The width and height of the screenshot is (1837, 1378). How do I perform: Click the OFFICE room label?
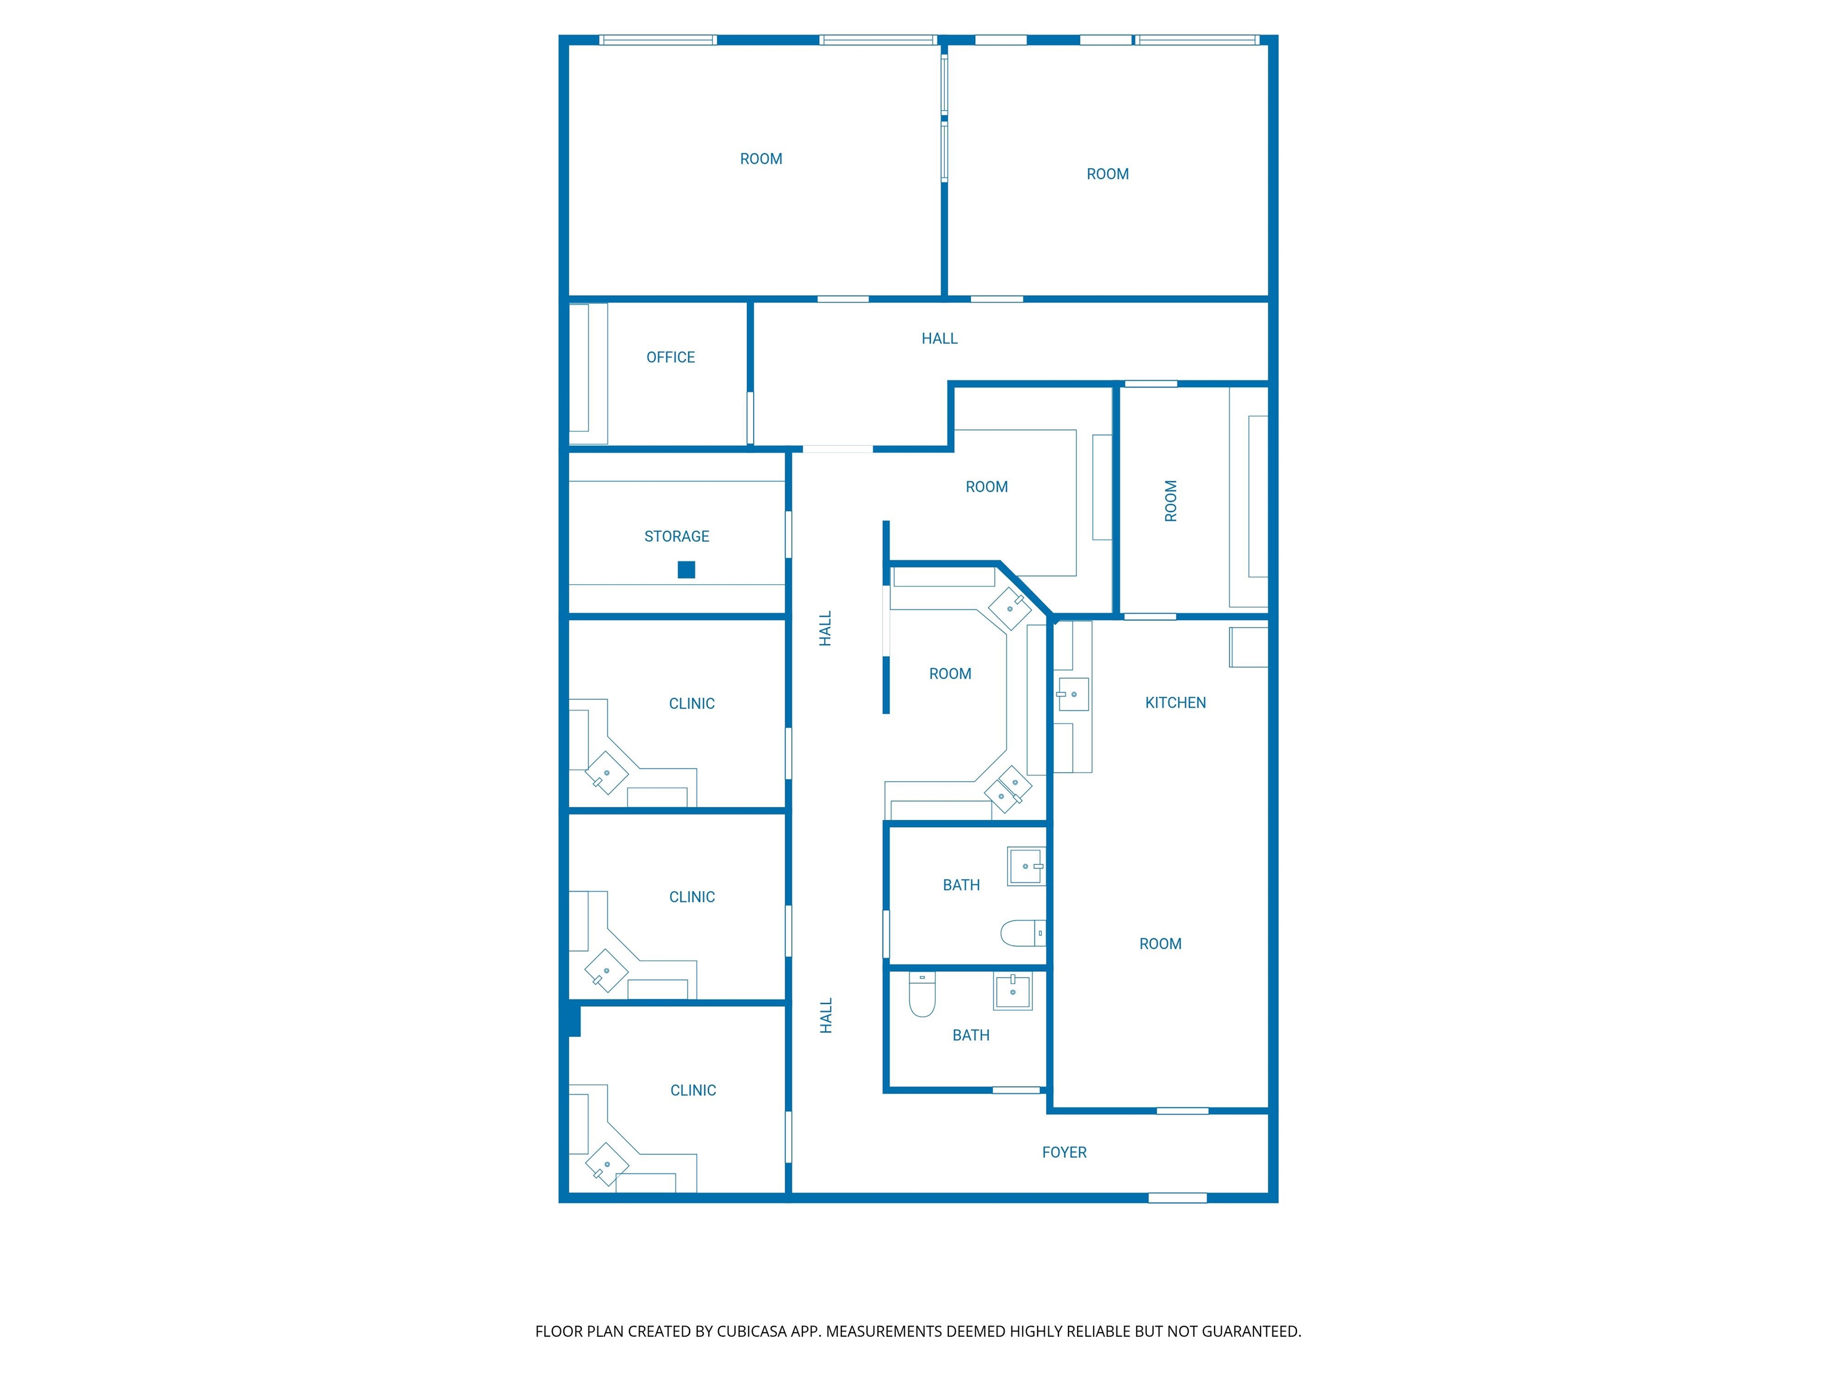[670, 357]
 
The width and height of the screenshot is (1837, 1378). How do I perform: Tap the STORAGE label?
[677, 536]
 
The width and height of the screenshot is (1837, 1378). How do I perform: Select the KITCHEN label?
[1175, 703]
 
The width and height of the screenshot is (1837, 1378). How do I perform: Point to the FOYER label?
[1064, 1152]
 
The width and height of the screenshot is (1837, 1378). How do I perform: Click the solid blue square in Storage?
[686, 570]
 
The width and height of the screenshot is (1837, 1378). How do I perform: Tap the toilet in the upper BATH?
[1021, 933]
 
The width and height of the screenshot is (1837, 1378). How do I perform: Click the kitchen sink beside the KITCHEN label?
[1073, 694]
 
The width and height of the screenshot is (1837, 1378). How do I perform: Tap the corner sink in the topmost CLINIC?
[606, 773]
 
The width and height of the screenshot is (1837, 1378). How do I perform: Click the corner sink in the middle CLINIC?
[606, 970]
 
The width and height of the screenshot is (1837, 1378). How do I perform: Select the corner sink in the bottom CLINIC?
[606, 1164]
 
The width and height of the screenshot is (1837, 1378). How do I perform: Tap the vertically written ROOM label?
[1171, 501]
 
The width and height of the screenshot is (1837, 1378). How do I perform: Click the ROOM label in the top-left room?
[761, 158]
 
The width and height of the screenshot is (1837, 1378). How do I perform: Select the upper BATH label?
[961, 885]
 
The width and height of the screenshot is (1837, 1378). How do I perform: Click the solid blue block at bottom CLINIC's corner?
[573, 1020]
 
